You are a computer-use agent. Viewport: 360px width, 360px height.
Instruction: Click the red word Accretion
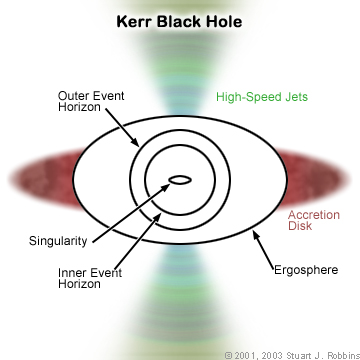pyautogui.click(x=314, y=215)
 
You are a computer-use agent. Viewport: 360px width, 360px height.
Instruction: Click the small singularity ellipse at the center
pyautogui.click(x=180, y=180)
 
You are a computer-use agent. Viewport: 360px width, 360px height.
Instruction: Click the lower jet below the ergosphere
pyautogui.click(x=180, y=300)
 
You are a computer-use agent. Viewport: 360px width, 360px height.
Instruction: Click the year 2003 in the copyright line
pyautogui.click(x=268, y=353)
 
